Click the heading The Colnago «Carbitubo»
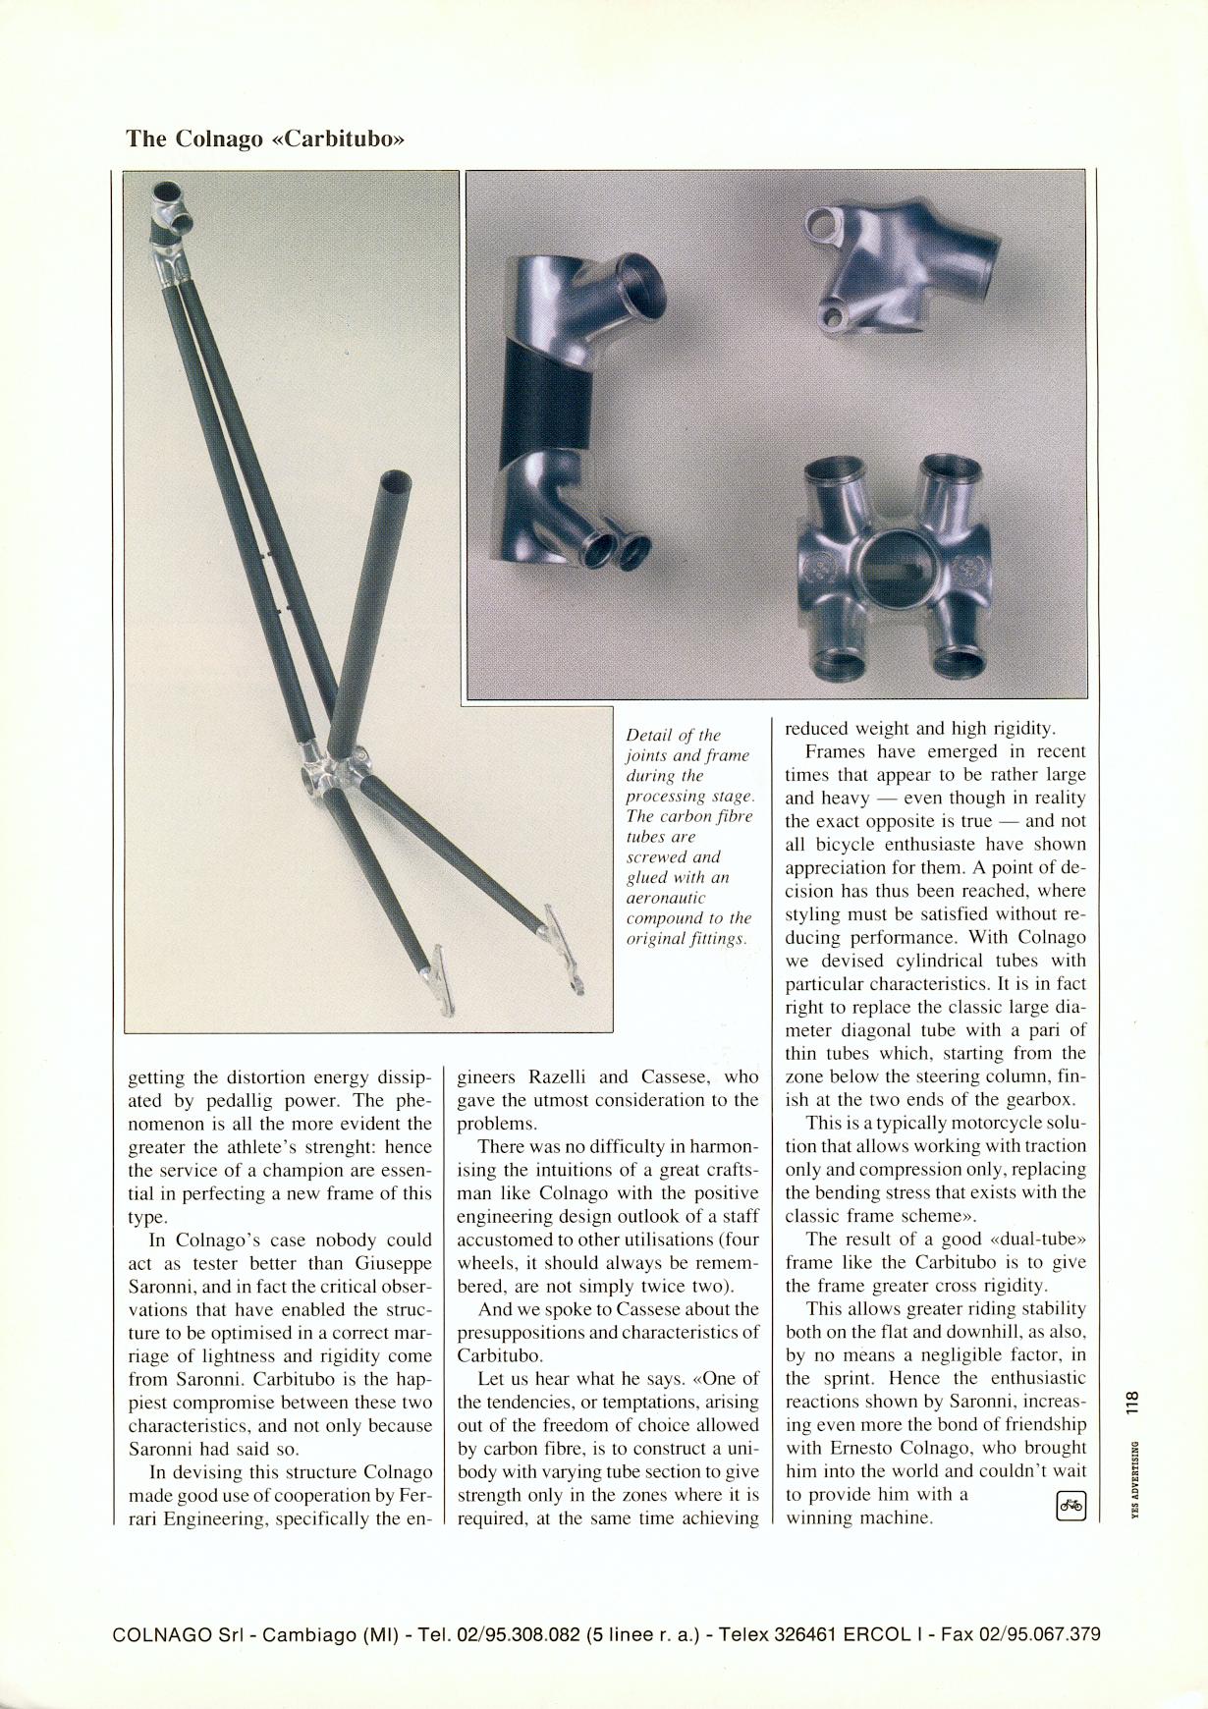tap(265, 138)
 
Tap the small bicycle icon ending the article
tap(1070, 1505)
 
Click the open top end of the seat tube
tap(396, 483)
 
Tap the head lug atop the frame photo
tap(170, 216)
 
